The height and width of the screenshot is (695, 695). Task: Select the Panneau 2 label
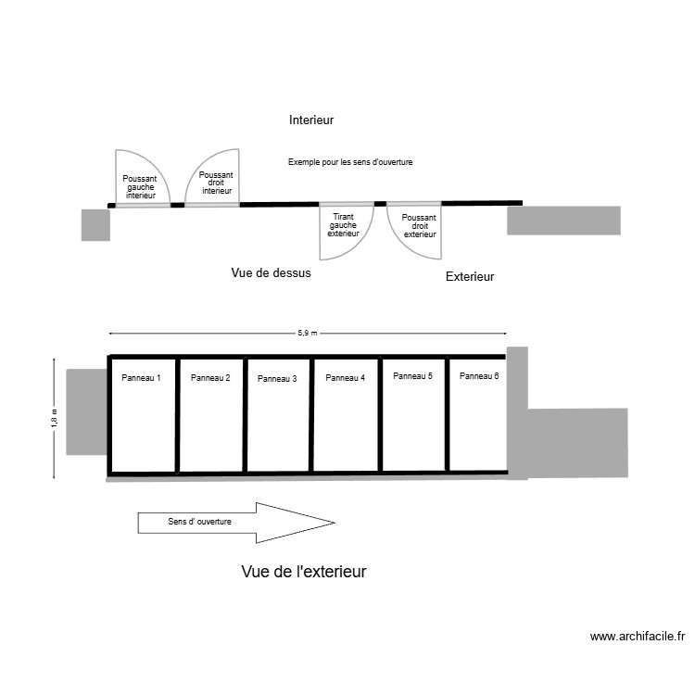210,377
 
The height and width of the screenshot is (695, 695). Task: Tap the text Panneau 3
277,378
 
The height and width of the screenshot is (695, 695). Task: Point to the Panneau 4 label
346,377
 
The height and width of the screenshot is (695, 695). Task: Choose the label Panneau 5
412,375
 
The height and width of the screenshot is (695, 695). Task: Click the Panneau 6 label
479,375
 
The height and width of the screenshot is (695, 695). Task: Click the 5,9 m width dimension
308,333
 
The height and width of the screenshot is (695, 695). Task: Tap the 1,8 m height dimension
54,419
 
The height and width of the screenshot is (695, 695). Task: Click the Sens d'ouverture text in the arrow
199,522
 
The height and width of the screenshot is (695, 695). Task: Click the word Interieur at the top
310,120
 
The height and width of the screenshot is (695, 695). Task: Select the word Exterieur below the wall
470,276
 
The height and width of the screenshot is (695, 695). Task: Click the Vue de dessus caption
271,273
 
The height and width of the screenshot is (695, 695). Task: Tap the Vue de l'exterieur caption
304,572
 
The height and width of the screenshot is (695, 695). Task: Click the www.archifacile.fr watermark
637,637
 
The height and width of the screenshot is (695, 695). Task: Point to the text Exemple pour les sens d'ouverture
349,162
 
